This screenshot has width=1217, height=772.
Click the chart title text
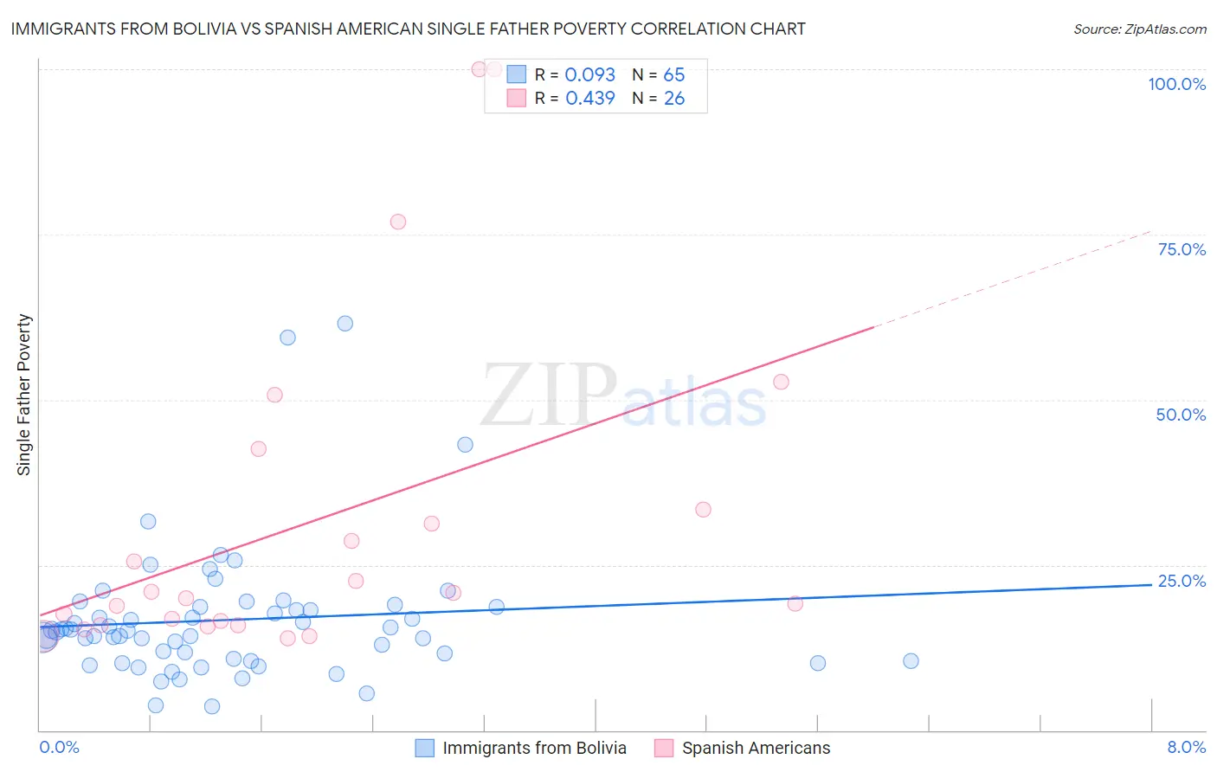[408, 29]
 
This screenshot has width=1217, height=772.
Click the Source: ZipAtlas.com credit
[1139, 29]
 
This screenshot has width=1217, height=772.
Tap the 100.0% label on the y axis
[1176, 84]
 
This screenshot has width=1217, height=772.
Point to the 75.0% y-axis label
[1182, 249]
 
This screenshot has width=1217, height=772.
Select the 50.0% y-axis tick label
[1181, 415]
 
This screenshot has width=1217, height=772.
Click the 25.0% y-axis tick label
[1182, 581]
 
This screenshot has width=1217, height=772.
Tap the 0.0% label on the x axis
[59, 747]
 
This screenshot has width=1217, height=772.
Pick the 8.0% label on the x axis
[1186, 747]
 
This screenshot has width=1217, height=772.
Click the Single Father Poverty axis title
[24, 395]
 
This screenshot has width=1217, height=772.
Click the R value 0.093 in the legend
[589, 75]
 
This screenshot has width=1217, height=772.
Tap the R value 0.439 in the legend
[589, 99]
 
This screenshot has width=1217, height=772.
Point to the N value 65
[674, 75]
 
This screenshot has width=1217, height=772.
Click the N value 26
[674, 99]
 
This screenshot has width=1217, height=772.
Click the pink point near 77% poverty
[398, 222]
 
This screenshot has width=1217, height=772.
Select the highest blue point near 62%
[345, 324]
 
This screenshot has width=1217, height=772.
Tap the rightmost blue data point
[911, 661]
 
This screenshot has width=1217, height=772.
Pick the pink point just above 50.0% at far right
[781, 382]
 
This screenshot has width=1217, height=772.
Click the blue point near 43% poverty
[465, 445]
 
